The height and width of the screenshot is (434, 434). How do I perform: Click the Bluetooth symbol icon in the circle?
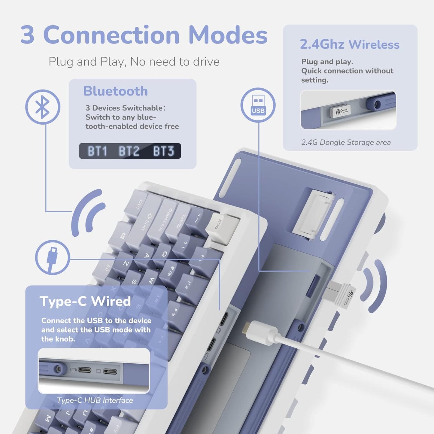[x=43, y=107]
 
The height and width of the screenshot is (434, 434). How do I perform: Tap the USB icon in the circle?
[x=258, y=105]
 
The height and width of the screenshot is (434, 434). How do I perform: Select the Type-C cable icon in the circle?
[x=52, y=257]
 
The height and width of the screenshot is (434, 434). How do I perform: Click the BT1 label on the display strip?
[x=97, y=151]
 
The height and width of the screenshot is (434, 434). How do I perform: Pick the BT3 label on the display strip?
[x=163, y=151]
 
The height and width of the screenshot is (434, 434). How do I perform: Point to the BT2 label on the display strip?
[x=129, y=151]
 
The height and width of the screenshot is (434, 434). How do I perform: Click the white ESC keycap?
[x=222, y=224]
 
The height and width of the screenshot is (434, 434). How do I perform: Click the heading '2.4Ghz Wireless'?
[x=350, y=44]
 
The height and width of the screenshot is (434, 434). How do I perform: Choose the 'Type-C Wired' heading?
[x=85, y=301]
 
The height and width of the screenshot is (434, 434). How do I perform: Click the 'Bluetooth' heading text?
[x=116, y=91]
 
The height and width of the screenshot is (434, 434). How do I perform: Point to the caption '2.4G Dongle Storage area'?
[x=346, y=142]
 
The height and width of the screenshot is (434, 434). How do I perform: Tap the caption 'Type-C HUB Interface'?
[x=95, y=400]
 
